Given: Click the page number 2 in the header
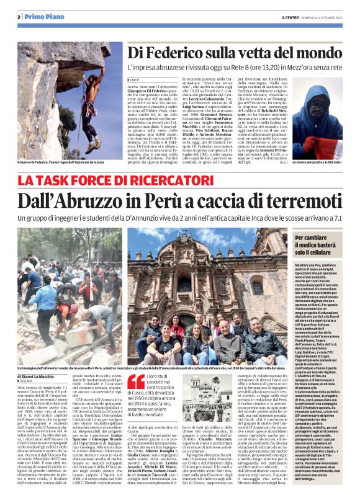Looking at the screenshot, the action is click(20, 17).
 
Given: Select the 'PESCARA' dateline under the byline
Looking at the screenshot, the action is click(31, 366).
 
